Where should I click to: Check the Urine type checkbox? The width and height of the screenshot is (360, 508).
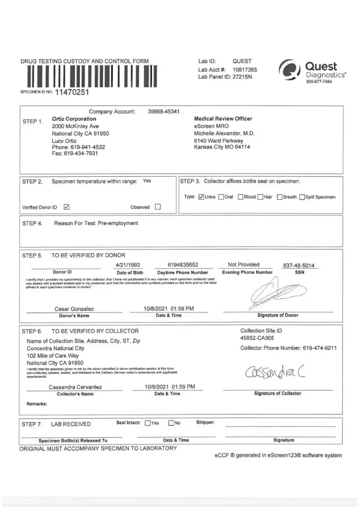[x=201, y=197]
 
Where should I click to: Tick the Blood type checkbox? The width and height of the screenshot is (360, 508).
[x=241, y=197]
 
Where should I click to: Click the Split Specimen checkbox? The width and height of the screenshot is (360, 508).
[x=302, y=197]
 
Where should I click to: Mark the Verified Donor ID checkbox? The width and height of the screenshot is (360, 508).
[x=67, y=207]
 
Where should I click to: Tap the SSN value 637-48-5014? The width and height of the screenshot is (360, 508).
[x=299, y=266]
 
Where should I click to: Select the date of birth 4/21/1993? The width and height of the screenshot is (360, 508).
[x=128, y=265]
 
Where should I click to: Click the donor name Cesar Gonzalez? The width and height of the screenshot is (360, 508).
[x=74, y=308]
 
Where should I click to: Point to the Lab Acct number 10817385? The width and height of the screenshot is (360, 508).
[x=245, y=69]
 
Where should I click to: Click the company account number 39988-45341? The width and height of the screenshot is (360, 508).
[x=163, y=111]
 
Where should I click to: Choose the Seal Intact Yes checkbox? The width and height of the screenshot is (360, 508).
[x=147, y=423]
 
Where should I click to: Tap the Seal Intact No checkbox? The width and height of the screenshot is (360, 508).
[x=171, y=423]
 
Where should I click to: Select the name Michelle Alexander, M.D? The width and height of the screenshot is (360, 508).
[x=225, y=133]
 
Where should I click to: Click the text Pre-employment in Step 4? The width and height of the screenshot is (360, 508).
[x=113, y=223]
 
